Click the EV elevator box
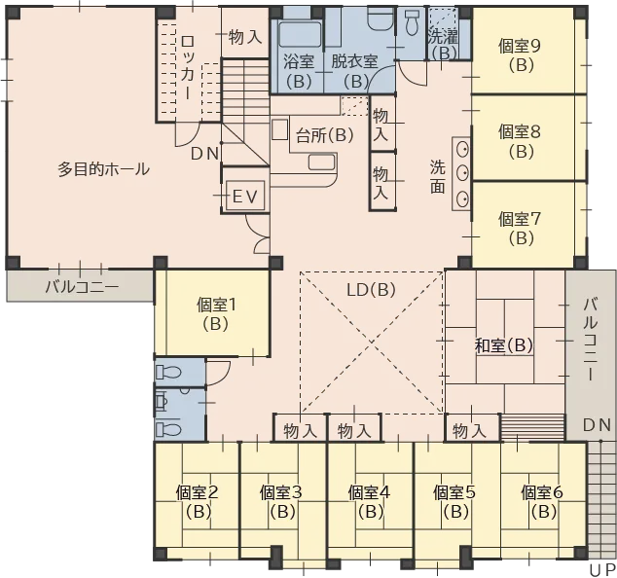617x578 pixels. point(245,196)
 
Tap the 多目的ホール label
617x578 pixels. point(104,169)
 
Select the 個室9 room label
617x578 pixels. point(520,46)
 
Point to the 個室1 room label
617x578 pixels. point(216,305)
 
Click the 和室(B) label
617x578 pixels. point(504,345)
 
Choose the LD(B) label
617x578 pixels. point(371,290)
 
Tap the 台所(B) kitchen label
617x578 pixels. point(325,136)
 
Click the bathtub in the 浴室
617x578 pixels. point(300,34)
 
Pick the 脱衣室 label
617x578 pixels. point(354,61)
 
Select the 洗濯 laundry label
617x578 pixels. point(443,37)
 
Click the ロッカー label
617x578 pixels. point(188,67)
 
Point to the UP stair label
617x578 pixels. point(602,570)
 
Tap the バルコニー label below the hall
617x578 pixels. point(82,287)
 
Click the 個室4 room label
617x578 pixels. point(369,492)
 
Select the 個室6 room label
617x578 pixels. point(542,492)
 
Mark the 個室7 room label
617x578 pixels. point(520,219)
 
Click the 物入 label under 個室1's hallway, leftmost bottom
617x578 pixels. point(301,431)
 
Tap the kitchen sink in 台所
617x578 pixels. point(321,163)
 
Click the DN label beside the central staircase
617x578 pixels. point(204,154)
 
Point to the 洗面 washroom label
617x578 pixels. point(437,177)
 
